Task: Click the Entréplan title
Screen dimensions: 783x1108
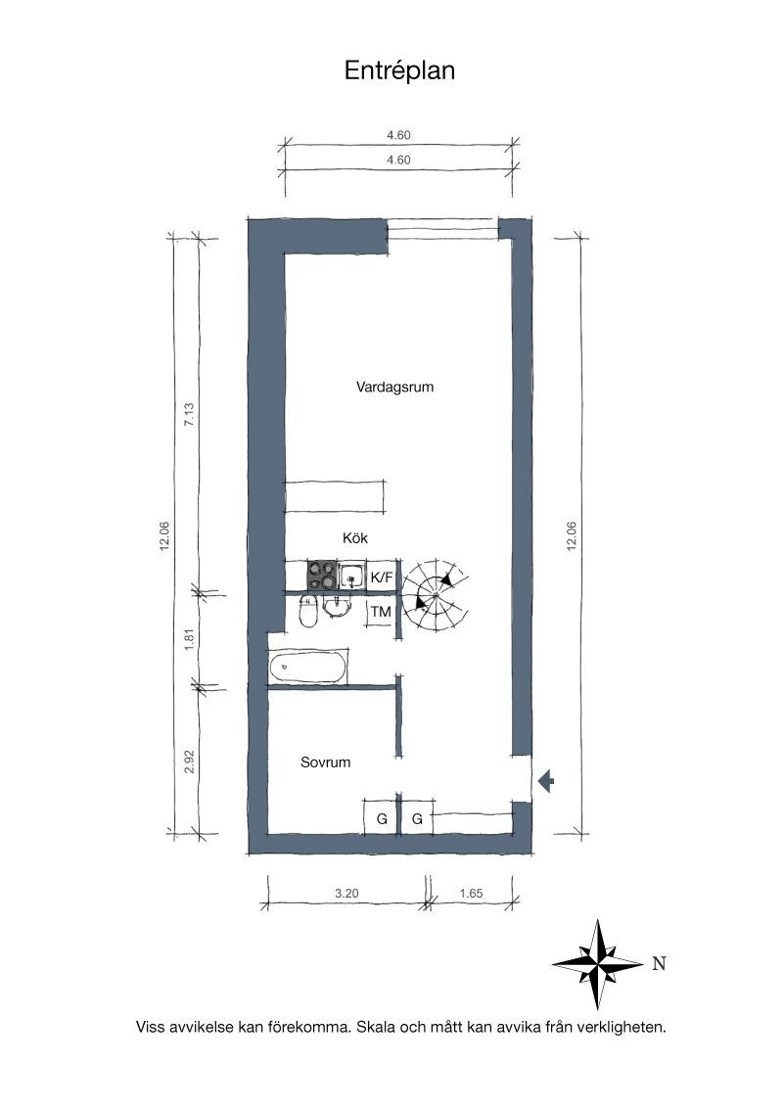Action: pyautogui.click(x=399, y=71)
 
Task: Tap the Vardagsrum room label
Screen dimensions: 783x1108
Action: pyautogui.click(x=394, y=388)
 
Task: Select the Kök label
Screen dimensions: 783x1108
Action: pyautogui.click(x=354, y=538)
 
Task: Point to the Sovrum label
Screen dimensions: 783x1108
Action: pyautogui.click(x=325, y=762)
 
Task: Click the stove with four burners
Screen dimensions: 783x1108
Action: pyautogui.click(x=322, y=576)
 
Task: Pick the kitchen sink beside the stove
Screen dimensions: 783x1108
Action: pyautogui.click(x=352, y=577)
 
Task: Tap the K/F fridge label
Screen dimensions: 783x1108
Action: pyautogui.click(x=382, y=577)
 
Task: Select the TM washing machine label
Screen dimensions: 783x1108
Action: pyautogui.click(x=381, y=612)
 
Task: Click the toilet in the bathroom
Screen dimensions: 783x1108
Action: pyautogui.click(x=308, y=612)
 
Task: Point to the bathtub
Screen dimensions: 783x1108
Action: pyautogui.click(x=308, y=668)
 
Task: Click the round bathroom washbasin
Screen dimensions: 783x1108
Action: pyautogui.click(x=337, y=606)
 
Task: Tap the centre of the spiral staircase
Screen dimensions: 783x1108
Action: pyautogui.click(x=436, y=596)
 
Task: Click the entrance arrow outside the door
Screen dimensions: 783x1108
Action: pyautogui.click(x=545, y=781)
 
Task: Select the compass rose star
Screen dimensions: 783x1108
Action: pyautogui.click(x=598, y=964)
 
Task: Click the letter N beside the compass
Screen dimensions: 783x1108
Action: pyautogui.click(x=659, y=964)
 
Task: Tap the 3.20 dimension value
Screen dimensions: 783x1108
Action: pyautogui.click(x=346, y=894)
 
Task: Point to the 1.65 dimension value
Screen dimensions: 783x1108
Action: pyautogui.click(x=471, y=894)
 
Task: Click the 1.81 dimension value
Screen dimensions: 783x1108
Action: pyautogui.click(x=189, y=639)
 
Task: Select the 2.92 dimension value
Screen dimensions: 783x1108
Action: pyautogui.click(x=189, y=762)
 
